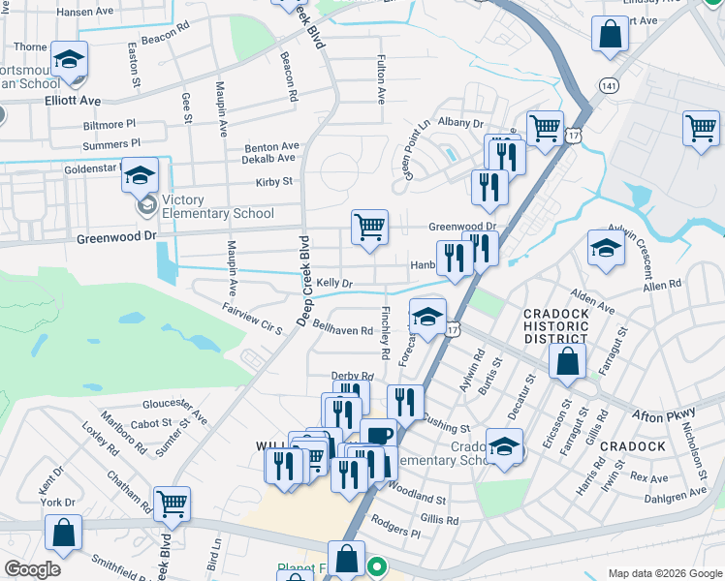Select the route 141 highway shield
609,86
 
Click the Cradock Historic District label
555,326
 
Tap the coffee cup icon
378,435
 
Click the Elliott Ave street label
72,100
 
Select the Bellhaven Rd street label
342,331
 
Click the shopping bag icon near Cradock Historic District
567,362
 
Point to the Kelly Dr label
332,283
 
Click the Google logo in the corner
33,569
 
